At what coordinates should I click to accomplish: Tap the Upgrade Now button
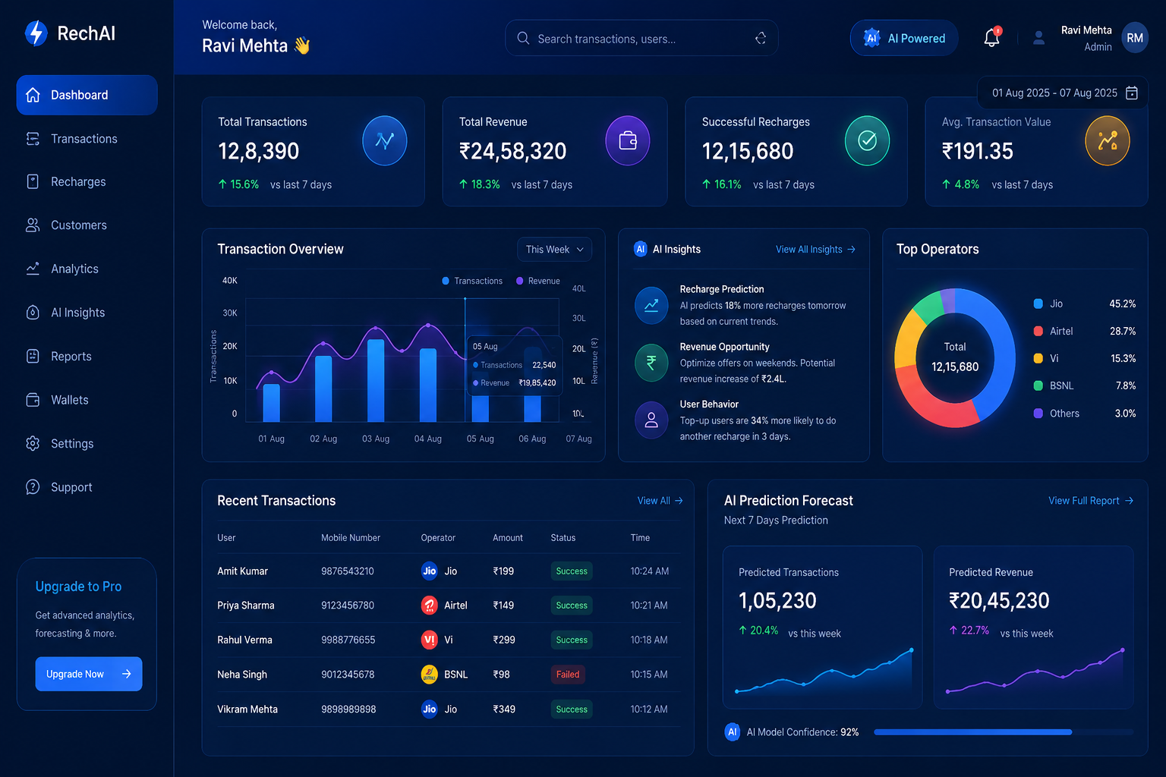(89, 674)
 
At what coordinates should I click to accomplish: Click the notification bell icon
(991, 37)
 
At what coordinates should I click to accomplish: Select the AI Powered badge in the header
(904, 38)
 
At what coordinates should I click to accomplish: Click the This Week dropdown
(554, 250)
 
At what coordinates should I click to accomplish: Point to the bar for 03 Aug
(376, 380)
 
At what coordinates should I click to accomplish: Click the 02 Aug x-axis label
(323, 439)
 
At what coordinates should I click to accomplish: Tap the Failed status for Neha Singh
(567, 675)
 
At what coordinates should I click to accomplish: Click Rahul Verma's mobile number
(348, 640)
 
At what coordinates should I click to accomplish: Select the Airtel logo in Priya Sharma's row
(429, 606)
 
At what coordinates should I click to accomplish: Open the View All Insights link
(815, 250)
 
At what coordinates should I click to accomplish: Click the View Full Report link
(1091, 501)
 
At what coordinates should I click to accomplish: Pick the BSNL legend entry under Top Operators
(1084, 385)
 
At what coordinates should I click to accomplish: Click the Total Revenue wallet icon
(628, 140)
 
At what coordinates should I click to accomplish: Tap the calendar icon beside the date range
(1132, 93)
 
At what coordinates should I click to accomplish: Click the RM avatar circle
(1135, 38)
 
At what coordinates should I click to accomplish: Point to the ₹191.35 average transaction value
(977, 152)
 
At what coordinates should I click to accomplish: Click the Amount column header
(508, 538)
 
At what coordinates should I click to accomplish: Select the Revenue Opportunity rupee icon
(651, 363)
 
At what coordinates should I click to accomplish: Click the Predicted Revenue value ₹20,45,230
(999, 600)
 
